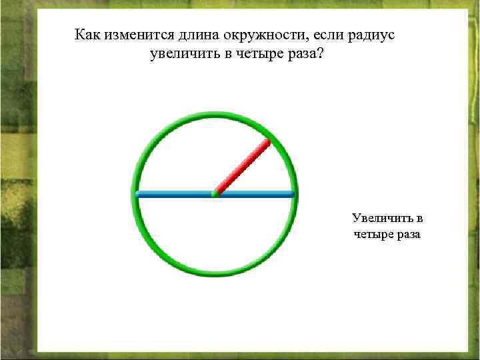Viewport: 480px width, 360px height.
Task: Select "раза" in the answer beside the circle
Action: pos(408,235)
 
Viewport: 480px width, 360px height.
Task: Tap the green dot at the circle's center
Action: pos(215,194)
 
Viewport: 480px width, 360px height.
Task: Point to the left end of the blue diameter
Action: pos(138,194)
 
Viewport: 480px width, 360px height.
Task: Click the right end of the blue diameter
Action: pos(291,194)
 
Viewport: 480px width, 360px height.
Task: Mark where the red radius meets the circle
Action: pos(267,141)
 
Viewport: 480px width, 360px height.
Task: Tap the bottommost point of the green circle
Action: pos(215,273)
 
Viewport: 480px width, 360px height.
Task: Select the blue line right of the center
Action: pos(257,194)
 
